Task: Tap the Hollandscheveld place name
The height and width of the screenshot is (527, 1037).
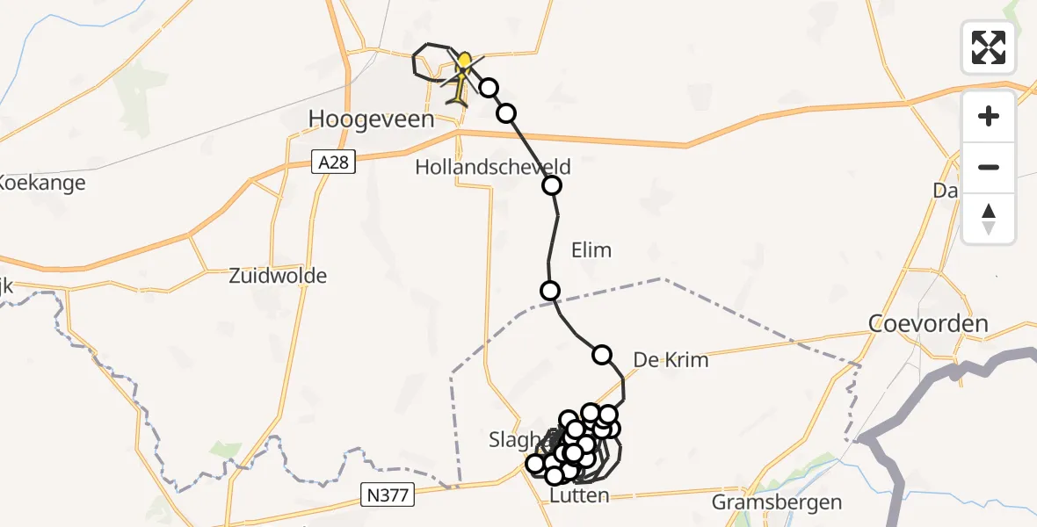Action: pos(493,167)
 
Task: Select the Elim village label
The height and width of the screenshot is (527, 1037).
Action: pos(591,250)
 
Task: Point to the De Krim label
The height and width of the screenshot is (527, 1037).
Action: pos(671,360)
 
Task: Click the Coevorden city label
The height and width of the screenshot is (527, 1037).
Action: pos(928,323)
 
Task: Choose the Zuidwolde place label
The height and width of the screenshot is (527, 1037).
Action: pos(278,276)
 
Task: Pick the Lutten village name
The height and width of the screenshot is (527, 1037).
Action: pos(578,496)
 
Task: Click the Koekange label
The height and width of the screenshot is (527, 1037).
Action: pos(42,183)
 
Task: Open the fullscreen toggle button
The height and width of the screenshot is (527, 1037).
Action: pos(989,47)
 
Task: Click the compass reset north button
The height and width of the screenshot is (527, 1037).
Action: pos(989,219)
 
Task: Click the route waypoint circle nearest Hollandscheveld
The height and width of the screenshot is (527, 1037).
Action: pos(552,185)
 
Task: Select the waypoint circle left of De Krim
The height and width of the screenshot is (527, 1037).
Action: pos(602,355)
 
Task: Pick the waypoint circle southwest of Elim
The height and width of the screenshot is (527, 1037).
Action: pos(550,291)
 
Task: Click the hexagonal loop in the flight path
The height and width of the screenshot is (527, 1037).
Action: pos(429,61)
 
